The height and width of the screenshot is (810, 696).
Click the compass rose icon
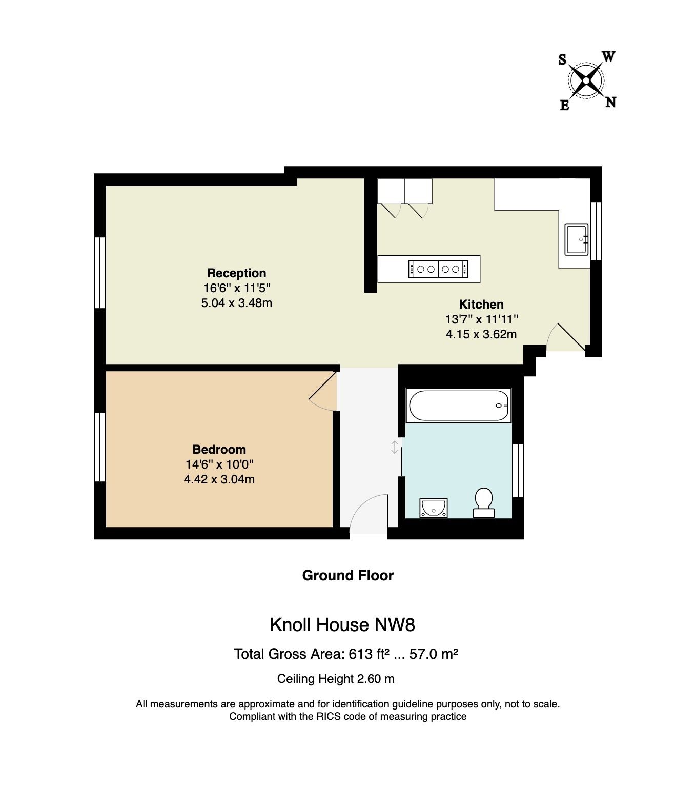click(x=586, y=80)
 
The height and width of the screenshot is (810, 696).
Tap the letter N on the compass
click(x=610, y=103)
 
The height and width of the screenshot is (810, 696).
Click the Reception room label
click(x=236, y=273)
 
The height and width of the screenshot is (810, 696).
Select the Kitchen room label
click(x=481, y=304)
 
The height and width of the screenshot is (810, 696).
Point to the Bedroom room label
click(x=219, y=450)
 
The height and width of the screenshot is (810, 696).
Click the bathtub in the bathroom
click(x=458, y=406)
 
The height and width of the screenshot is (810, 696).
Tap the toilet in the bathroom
click(x=483, y=502)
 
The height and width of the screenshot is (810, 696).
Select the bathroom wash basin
click(x=433, y=508)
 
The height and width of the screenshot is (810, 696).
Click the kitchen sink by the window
click(x=577, y=239)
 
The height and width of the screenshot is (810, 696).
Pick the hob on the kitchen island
click(x=438, y=269)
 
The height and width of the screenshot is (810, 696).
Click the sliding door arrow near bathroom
click(x=394, y=447)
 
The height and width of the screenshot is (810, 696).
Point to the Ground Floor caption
click(x=347, y=575)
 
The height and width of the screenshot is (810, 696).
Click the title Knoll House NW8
click(x=342, y=625)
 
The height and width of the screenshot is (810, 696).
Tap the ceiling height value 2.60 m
click(x=375, y=679)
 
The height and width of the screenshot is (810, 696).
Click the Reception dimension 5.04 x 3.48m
click(x=236, y=302)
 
